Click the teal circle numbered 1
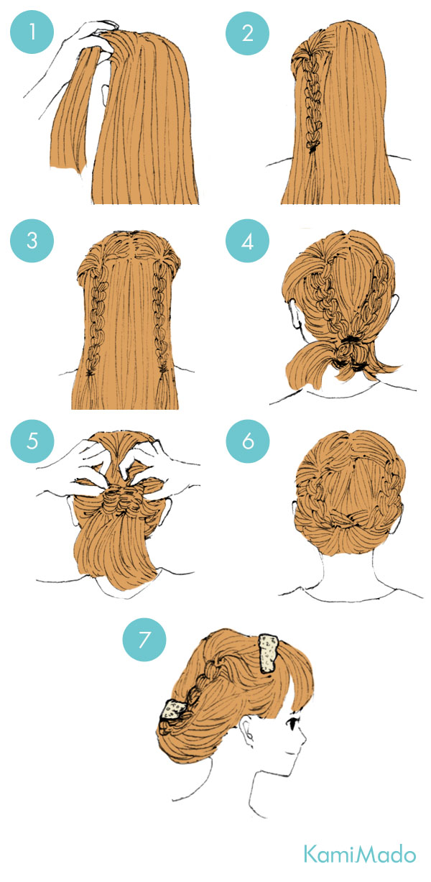[x=32, y=32]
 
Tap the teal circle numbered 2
[x=247, y=33]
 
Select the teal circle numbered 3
[x=32, y=240]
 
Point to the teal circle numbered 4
[x=247, y=241]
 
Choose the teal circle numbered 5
[x=32, y=441]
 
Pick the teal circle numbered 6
[x=248, y=441]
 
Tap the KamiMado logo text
[x=360, y=853]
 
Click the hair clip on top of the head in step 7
[x=269, y=653]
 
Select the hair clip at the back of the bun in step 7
[x=172, y=709]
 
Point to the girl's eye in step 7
[x=293, y=722]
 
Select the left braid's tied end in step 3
[x=90, y=372]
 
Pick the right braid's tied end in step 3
[x=163, y=369]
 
